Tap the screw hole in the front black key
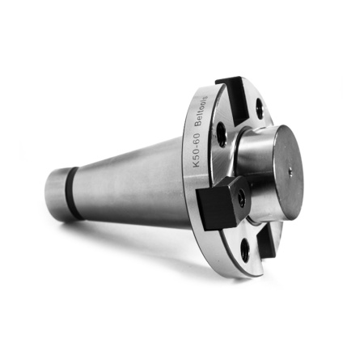[240, 194]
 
